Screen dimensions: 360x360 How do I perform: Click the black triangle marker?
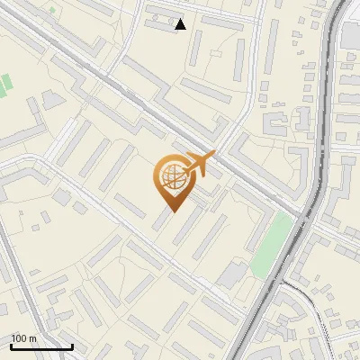[181, 24]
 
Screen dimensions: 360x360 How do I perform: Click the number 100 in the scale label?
[19, 338]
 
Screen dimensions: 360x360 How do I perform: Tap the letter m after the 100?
[33, 338]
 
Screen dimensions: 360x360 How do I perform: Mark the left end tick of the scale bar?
[10, 346]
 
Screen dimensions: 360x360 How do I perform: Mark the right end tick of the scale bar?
[72, 346]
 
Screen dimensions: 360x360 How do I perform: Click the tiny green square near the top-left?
[52, 11]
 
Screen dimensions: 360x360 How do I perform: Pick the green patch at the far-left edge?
[4, 86]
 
